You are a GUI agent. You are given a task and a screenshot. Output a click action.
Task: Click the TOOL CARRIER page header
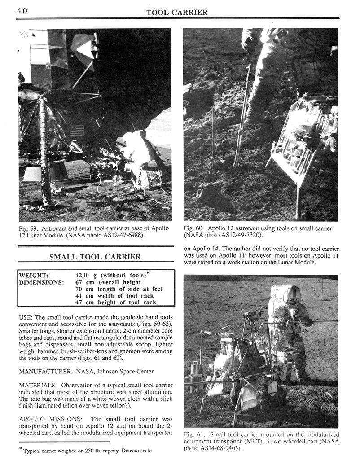pos(177,13)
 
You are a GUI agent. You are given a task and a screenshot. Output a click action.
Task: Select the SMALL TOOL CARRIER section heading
pos(95,257)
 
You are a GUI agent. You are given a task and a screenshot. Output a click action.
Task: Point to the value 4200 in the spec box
pos(83,276)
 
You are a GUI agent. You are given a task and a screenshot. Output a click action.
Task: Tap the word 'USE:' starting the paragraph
pos(26,317)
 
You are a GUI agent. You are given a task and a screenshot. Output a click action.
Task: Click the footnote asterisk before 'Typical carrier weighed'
pos(21,450)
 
